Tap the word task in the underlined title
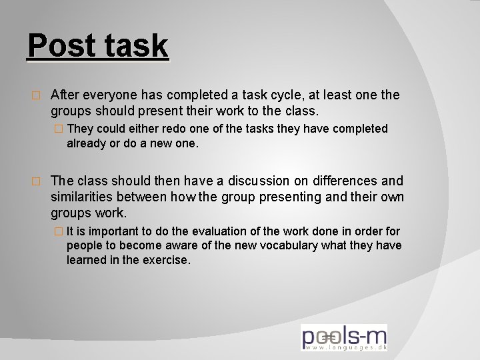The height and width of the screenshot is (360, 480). (x=135, y=47)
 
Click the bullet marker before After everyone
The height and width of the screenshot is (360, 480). (x=37, y=96)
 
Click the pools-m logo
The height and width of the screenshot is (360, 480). (x=343, y=337)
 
